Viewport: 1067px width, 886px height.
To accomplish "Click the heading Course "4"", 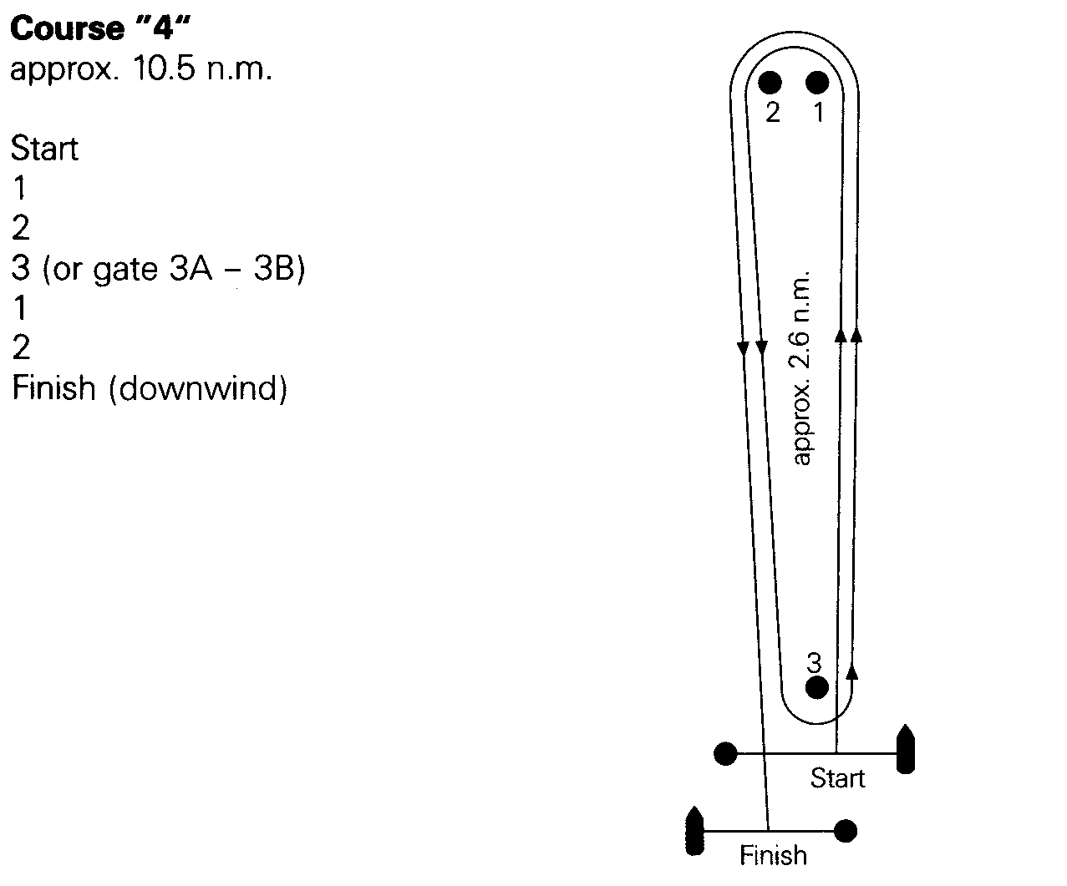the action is pos(100,28).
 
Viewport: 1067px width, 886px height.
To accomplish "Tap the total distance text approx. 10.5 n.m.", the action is pos(141,69).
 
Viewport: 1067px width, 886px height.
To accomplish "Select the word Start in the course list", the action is pos(44,148).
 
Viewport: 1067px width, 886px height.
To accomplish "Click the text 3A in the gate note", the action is pos(191,268).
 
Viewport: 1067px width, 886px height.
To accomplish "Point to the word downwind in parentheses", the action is pos(198,388).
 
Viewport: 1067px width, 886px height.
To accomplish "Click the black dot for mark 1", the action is pos(816,82).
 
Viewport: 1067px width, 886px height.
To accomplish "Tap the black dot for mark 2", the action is pos(770,82).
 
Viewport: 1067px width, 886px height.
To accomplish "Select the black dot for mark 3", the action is pos(816,687).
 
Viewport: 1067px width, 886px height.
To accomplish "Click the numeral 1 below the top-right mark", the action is pos(819,113).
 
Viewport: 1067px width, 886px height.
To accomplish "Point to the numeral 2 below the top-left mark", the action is pos(773,113).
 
